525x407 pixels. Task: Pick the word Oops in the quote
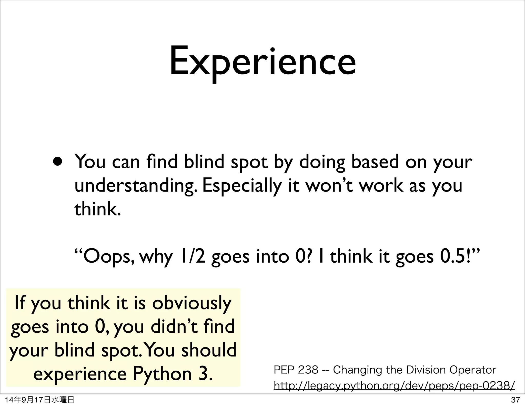click(107, 257)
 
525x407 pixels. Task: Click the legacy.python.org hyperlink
click(394, 385)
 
